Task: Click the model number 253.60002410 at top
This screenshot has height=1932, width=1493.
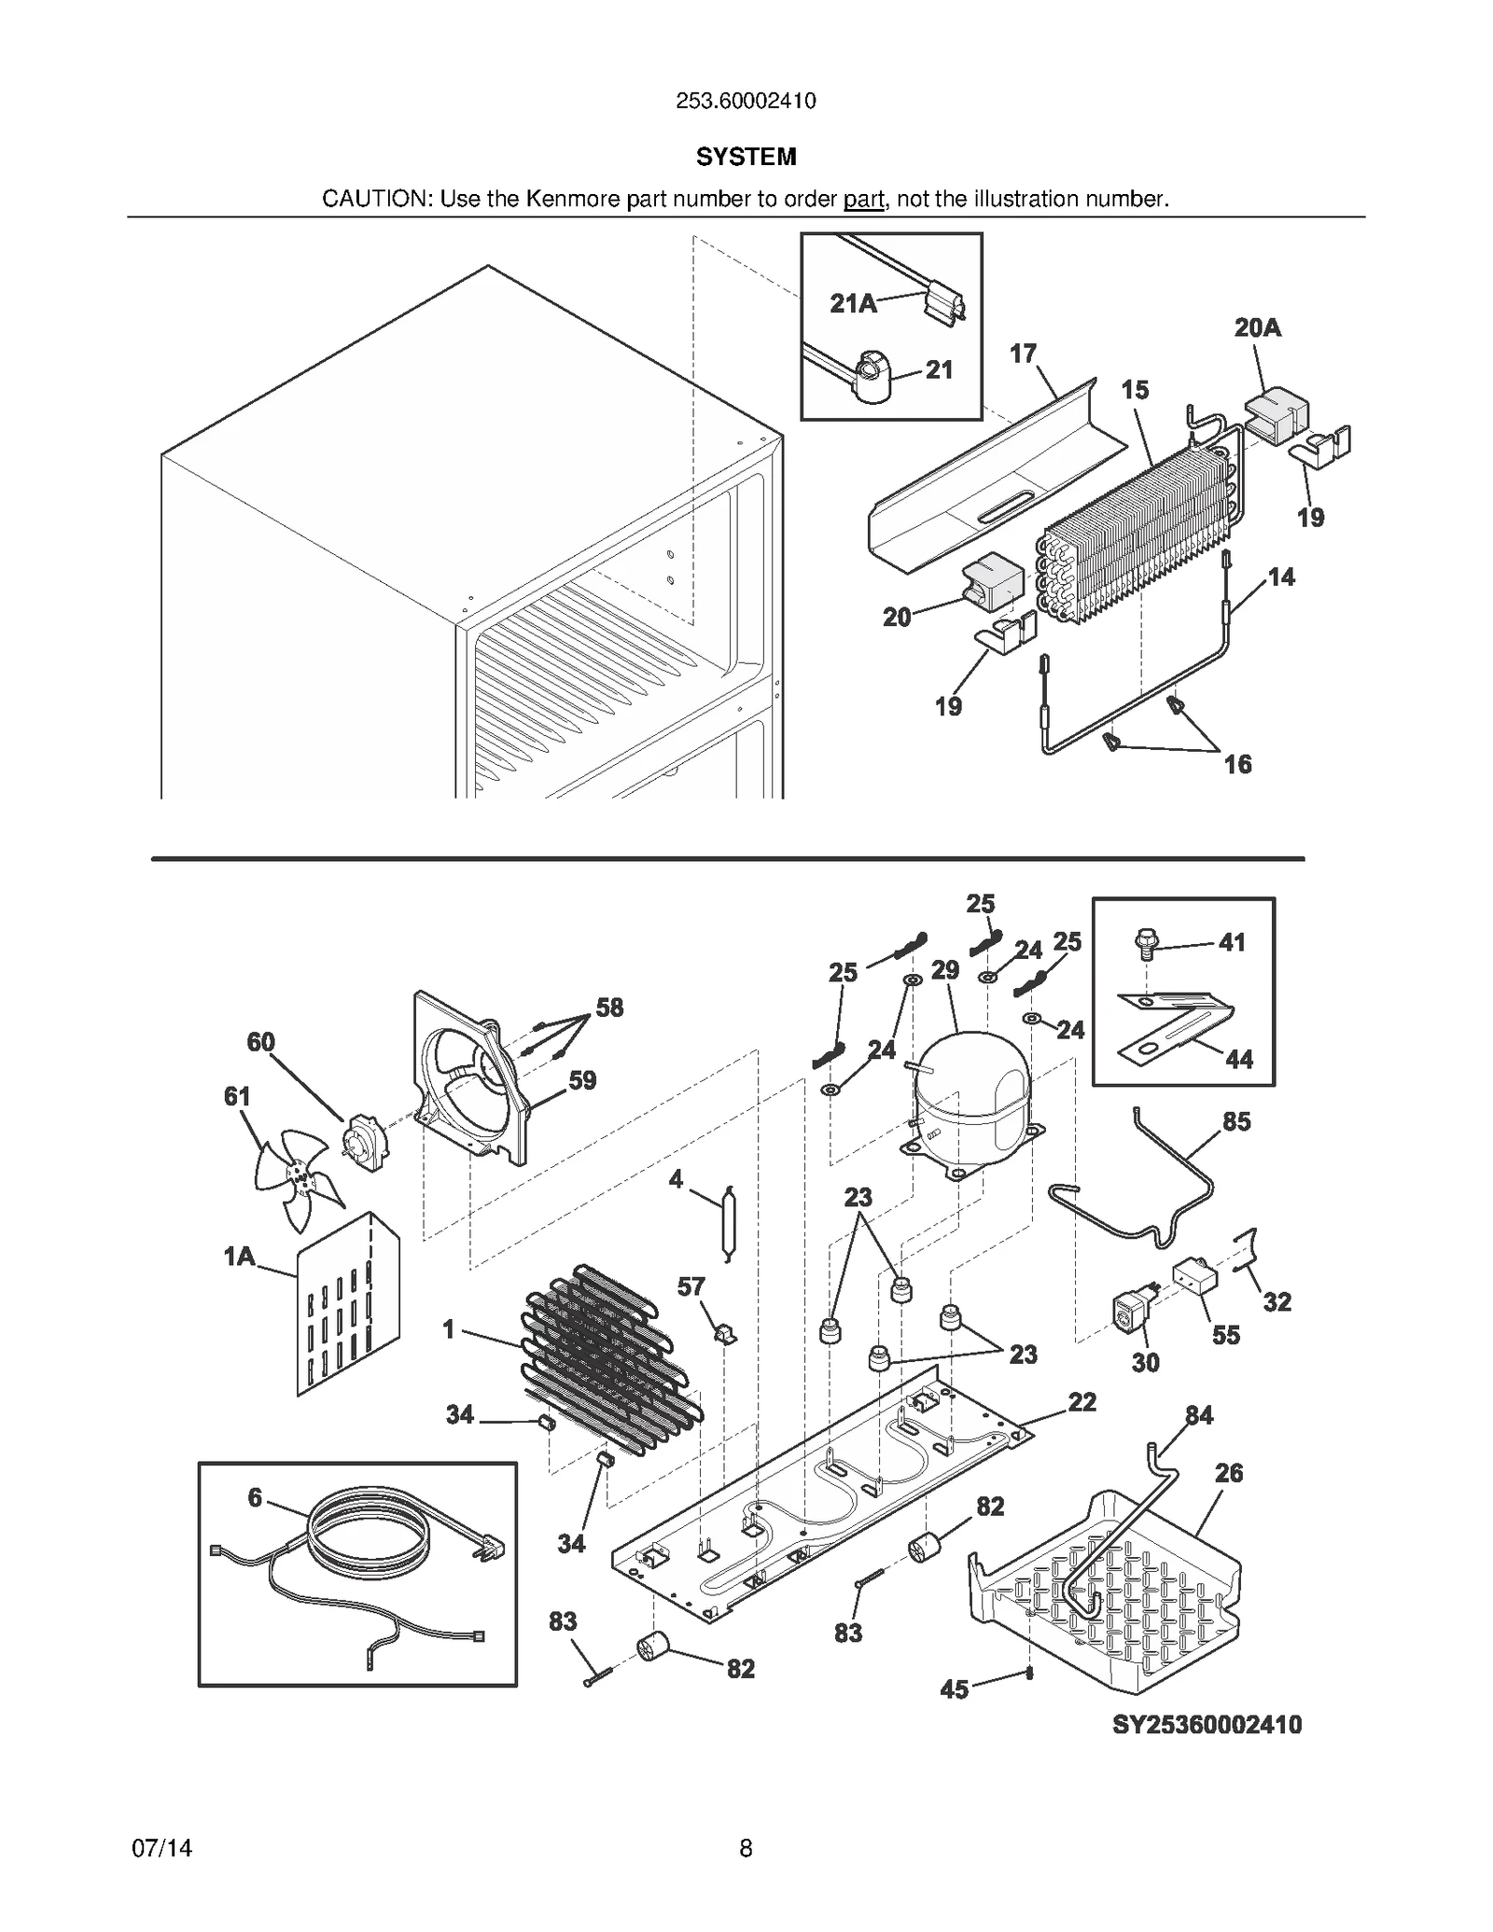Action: point(746,101)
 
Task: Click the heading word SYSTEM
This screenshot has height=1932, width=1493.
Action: point(746,157)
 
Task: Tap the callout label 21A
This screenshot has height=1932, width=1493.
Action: point(853,303)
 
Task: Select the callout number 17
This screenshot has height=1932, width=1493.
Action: point(1023,354)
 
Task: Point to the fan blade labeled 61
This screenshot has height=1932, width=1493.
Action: point(297,1177)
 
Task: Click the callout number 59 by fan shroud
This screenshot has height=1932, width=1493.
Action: point(582,1080)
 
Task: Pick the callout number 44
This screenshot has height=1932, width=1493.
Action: point(1238,1059)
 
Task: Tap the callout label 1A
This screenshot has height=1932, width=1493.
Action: point(239,1257)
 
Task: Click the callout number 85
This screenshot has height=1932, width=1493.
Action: point(1236,1121)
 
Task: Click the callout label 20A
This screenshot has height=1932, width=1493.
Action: point(1257,327)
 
